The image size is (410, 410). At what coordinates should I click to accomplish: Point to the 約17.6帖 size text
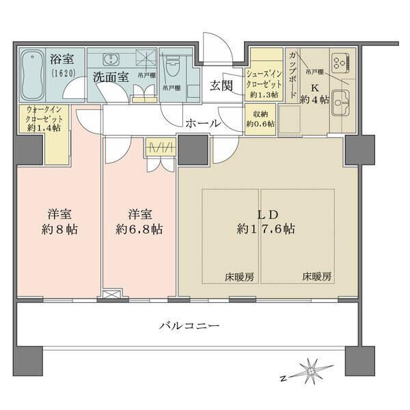(x=266, y=230)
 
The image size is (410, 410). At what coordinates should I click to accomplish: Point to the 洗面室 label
(x=111, y=77)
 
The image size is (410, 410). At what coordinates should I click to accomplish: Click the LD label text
(x=266, y=213)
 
